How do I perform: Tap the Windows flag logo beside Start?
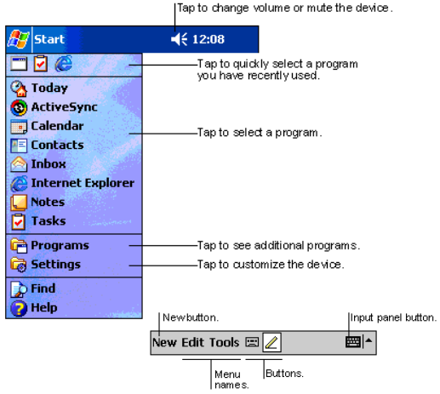coord(19,39)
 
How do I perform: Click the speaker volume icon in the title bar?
coord(179,39)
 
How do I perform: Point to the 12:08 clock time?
coord(209,39)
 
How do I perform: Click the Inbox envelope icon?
coord(19,164)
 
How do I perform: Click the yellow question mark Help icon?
coord(19,308)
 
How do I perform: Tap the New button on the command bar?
coord(164,343)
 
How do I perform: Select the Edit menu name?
coord(193,343)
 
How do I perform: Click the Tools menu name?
coord(225,343)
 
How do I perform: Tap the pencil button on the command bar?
coord(271,343)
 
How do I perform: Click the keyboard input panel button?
coord(353,342)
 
